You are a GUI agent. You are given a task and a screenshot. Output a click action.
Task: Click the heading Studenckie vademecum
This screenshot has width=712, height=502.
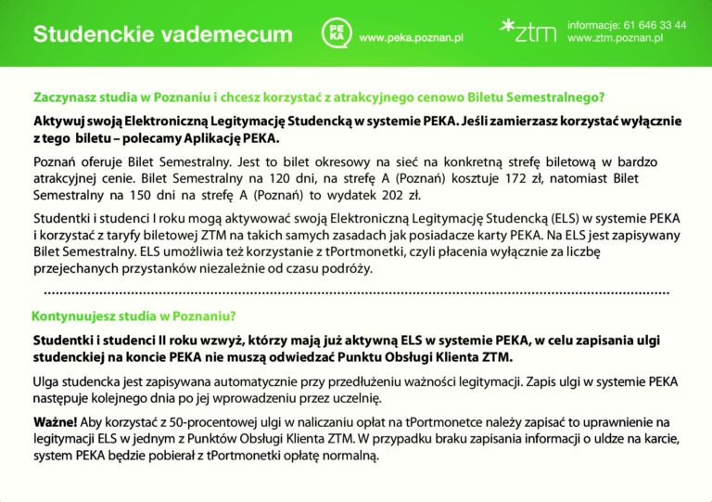(x=162, y=35)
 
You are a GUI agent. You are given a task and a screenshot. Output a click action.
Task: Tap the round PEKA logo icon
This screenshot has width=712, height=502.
(x=333, y=34)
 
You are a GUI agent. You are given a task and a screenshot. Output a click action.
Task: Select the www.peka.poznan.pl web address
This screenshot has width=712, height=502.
(x=411, y=38)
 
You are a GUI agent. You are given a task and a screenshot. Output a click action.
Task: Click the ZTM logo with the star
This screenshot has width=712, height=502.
(x=528, y=32)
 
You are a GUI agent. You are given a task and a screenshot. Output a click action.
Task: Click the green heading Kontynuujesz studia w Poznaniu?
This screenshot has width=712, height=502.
(x=134, y=315)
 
